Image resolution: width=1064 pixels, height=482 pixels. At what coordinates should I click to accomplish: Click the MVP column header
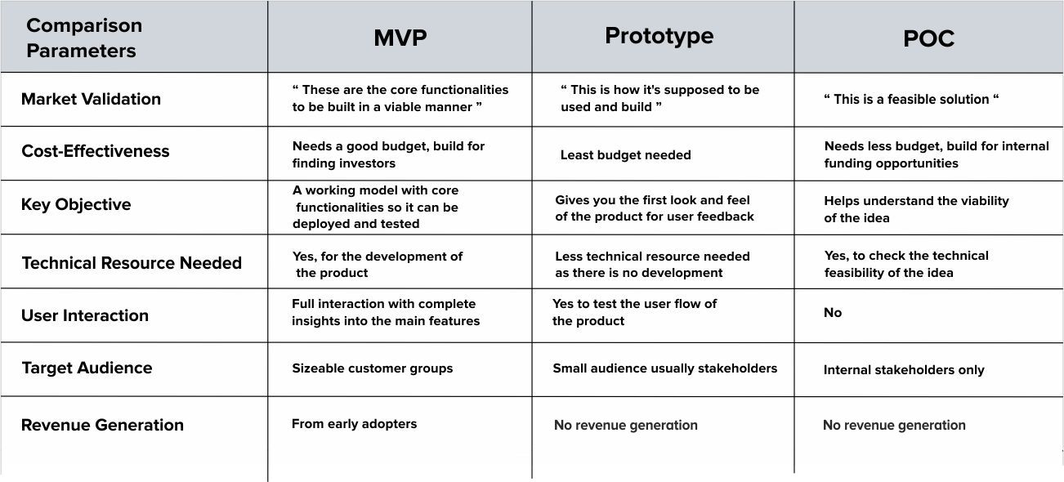click(400, 38)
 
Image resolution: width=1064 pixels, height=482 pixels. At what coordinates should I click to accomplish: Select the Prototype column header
click(659, 37)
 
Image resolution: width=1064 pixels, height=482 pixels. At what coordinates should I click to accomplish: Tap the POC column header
click(928, 38)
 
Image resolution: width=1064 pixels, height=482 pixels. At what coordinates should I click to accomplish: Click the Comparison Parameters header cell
click(84, 38)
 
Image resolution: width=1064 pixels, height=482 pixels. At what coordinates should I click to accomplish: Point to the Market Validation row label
click(91, 99)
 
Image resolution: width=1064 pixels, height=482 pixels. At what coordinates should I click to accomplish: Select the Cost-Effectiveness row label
click(95, 151)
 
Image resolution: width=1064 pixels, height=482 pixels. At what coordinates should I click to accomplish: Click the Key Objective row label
click(76, 205)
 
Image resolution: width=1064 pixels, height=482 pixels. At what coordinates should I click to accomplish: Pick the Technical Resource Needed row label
click(132, 262)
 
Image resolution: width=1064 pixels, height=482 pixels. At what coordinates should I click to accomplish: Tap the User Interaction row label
click(84, 315)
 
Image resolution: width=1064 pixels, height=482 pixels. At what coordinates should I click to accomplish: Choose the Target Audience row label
click(87, 368)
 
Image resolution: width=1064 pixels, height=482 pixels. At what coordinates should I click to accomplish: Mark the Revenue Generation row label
click(102, 425)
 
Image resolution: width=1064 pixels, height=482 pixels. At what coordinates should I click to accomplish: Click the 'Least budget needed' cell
click(626, 154)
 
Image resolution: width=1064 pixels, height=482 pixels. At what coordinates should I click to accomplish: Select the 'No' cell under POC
click(833, 312)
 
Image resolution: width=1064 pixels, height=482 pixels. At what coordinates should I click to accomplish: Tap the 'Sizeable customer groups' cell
click(373, 368)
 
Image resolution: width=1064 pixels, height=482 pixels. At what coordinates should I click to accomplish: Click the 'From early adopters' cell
click(354, 424)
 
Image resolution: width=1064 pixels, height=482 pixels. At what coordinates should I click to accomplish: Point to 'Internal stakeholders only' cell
click(904, 370)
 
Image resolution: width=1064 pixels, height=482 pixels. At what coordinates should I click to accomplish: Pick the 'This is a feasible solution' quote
click(911, 99)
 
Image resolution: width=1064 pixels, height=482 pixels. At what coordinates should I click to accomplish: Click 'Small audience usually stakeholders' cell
click(665, 368)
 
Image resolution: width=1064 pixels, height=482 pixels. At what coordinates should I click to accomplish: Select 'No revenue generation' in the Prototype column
click(626, 425)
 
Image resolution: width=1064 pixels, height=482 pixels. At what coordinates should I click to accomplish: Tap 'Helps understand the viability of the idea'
click(916, 209)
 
